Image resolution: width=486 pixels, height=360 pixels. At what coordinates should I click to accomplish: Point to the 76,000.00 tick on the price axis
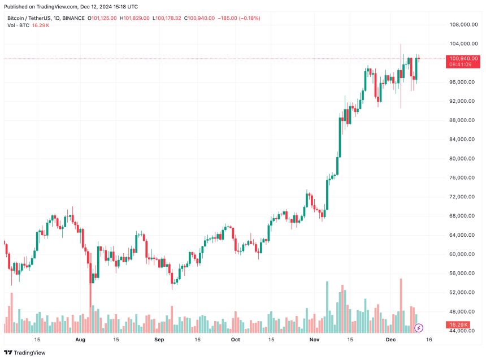[461, 177]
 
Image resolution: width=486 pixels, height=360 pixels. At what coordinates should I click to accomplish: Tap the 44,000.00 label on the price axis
[461, 331]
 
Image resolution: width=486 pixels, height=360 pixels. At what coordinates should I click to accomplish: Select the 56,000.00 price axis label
[461, 273]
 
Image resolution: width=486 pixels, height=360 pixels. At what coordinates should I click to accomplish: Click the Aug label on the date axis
[80, 340]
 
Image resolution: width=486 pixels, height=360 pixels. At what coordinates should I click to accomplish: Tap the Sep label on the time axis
[159, 340]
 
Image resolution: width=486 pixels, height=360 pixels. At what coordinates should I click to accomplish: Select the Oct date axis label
[236, 340]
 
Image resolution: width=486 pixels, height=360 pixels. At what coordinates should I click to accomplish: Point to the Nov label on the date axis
[315, 340]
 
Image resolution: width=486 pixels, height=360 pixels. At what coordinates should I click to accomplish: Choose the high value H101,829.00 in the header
[134, 18]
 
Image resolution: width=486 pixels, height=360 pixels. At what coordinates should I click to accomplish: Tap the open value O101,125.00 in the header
[102, 18]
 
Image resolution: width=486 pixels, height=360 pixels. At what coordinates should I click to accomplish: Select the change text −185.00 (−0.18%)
[239, 18]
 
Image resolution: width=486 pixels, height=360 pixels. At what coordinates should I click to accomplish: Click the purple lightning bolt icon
[419, 327]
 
